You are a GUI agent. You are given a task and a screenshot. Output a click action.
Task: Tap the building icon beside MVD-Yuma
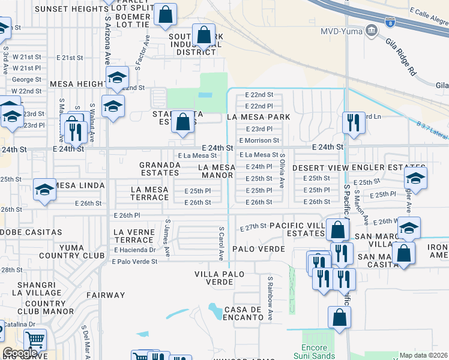[x=372, y=30]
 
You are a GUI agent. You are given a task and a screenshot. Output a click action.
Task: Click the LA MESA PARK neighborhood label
[x=259, y=117]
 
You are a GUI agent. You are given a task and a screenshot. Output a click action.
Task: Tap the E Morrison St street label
[x=259, y=140]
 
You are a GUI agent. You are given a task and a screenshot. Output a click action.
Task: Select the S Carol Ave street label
[x=221, y=243]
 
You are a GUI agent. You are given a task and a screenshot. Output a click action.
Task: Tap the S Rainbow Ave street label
[x=270, y=298]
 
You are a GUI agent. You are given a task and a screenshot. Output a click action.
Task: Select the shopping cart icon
[x=35, y=340]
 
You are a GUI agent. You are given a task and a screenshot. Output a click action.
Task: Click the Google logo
[x=20, y=353]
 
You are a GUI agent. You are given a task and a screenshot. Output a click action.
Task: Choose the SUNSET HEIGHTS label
[x=72, y=9]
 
